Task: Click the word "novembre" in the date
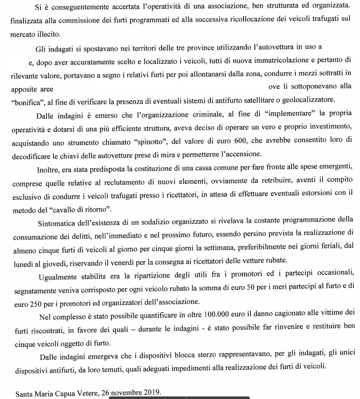(x=124, y=393)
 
